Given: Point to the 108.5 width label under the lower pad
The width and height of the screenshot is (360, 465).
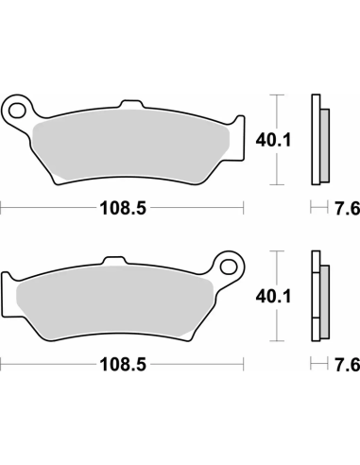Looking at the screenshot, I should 123,363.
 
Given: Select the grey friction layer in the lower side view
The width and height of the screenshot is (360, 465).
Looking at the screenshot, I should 324,299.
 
